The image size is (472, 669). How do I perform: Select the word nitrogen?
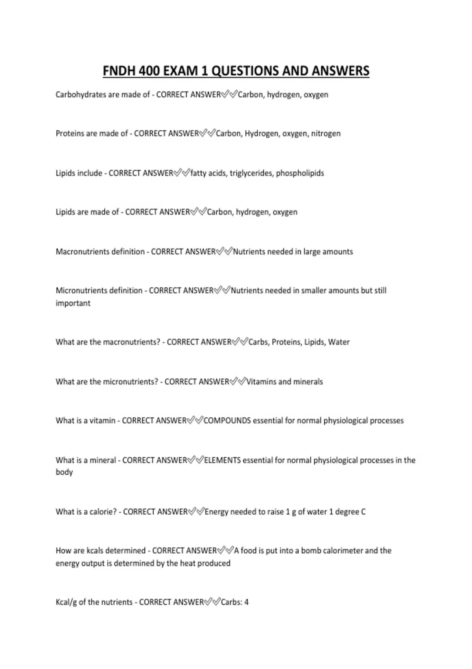(326, 133)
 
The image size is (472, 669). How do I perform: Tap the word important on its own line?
(73, 303)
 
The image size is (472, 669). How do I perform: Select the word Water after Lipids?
(339, 342)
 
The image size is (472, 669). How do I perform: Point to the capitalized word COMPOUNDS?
(227, 421)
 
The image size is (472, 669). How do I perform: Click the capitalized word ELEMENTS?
(222, 460)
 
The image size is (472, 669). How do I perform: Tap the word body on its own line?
(64, 472)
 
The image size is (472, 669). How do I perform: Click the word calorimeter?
(343, 551)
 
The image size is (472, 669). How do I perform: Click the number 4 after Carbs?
(246, 602)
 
